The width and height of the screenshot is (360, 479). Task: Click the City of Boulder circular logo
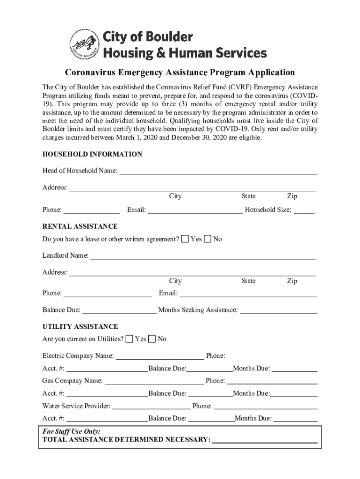click(x=84, y=45)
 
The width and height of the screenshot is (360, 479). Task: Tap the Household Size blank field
click(x=304, y=210)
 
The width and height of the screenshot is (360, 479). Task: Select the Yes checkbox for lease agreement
click(x=185, y=239)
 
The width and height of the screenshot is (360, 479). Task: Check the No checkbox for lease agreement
click(x=208, y=239)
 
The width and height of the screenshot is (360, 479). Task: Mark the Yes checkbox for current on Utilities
click(x=130, y=339)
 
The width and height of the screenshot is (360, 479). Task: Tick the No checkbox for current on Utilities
click(x=152, y=339)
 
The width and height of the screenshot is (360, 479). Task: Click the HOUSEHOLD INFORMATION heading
click(x=92, y=154)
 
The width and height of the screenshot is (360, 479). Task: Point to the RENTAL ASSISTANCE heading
click(x=80, y=226)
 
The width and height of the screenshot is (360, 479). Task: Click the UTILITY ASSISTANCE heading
click(x=80, y=326)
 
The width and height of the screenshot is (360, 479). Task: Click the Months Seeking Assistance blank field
click(x=279, y=311)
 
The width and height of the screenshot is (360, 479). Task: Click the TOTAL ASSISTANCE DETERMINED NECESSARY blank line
click(x=265, y=440)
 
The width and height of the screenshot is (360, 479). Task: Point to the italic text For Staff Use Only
click(x=71, y=431)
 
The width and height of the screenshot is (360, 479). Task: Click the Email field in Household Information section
click(x=195, y=210)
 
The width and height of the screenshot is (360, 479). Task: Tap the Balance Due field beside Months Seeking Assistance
click(x=119, y=311)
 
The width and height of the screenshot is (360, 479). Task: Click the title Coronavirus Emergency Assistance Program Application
click(x=180, y=73)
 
